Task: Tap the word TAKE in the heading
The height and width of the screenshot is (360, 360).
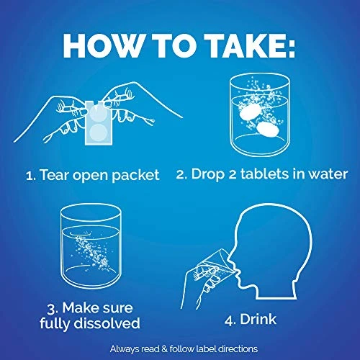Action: [x=246, y=45]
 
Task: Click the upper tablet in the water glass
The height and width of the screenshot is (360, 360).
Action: [x=250, y=111]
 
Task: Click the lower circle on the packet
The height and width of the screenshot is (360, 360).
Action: [x=99, y=133]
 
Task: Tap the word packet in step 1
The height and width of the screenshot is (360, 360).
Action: [x=135, y=176]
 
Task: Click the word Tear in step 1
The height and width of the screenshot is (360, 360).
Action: [x=55, y=174]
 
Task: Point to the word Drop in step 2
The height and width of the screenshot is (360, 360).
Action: [x=207, y=175]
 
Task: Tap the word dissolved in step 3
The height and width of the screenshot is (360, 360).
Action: [x=107, y=323]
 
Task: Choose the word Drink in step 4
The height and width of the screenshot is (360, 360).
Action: [x=258, y=319]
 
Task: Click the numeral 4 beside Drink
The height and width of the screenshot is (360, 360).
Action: [x=230, y=320]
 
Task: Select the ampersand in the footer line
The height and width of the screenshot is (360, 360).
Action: [x=164, y=349]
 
